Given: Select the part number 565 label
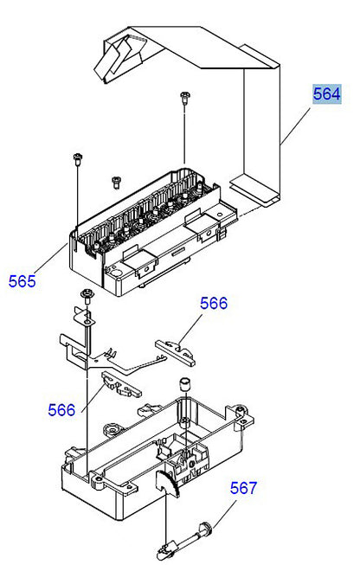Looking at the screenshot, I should click(x=23, y=280).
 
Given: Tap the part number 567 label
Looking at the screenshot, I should click(x=243, y=489).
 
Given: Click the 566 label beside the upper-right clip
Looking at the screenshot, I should click(x=214, y=304).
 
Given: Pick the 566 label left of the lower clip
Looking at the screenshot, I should click(x=61, y=409).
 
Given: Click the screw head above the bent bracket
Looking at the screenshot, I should click(x=86, y=295).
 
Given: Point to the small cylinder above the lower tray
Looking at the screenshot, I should click(x=183, y=383).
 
